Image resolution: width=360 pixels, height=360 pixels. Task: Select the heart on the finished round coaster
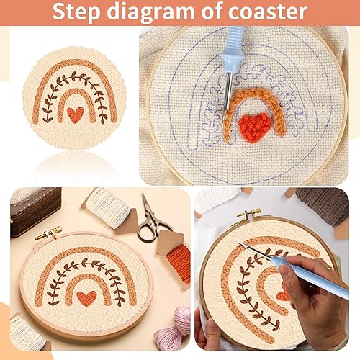coord(74,112)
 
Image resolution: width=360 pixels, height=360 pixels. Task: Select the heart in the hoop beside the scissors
coord(87,297)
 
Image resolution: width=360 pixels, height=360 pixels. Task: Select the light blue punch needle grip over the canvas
coord(235,43)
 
